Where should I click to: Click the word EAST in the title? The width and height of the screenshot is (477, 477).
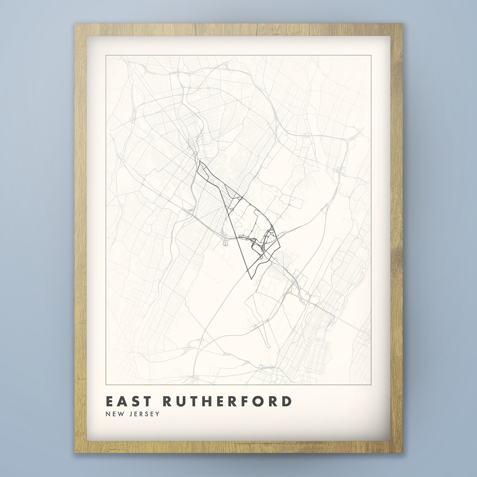click(129, 401)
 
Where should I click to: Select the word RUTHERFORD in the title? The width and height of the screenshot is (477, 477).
click(228, 401)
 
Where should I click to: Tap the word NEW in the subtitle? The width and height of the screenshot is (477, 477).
click(114, 414)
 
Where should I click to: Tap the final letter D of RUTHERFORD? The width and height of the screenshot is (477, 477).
click(287, 401)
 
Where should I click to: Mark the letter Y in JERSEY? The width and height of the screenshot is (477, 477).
click(157, 414)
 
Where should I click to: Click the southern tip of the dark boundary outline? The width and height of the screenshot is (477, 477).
click(251, 279)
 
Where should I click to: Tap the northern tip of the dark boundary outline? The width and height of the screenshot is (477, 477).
click(200, 161)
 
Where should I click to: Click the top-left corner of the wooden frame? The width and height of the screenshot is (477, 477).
click(75, 24)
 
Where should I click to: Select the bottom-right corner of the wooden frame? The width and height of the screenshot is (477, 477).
click(402, 453)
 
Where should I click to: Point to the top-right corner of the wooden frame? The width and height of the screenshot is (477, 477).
click(402, 24)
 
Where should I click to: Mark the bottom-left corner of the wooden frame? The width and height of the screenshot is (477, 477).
click(75, 453)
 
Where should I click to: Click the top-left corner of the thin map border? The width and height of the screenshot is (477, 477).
click(106, 55)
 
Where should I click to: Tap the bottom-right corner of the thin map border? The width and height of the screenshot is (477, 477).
click(371, 384)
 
